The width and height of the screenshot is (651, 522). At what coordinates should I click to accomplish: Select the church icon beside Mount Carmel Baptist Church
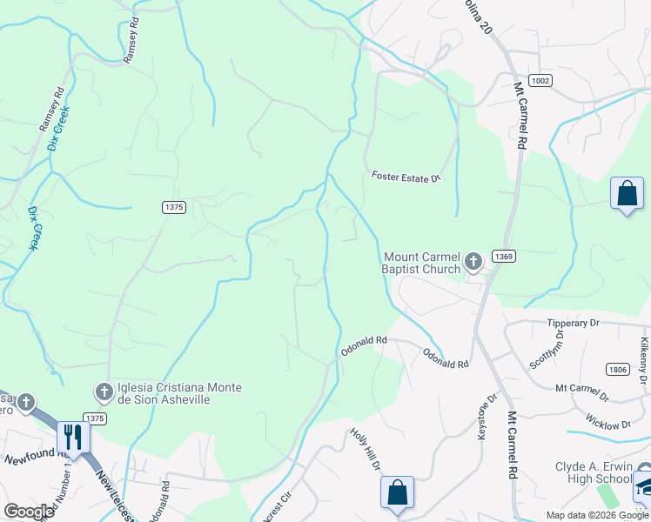pos(473,261)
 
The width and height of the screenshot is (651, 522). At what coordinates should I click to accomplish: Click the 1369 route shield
pos(502,256)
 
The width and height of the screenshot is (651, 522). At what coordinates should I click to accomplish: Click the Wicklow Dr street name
pos(608,425)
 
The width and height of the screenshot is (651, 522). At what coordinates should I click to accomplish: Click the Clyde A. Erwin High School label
pos(594,472)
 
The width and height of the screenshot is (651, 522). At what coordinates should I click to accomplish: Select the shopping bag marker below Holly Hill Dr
pos(397,492)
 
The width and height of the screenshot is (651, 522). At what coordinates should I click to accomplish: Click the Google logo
pos(29,512)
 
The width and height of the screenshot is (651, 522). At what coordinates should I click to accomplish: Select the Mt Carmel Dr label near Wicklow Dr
pos(585,388)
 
